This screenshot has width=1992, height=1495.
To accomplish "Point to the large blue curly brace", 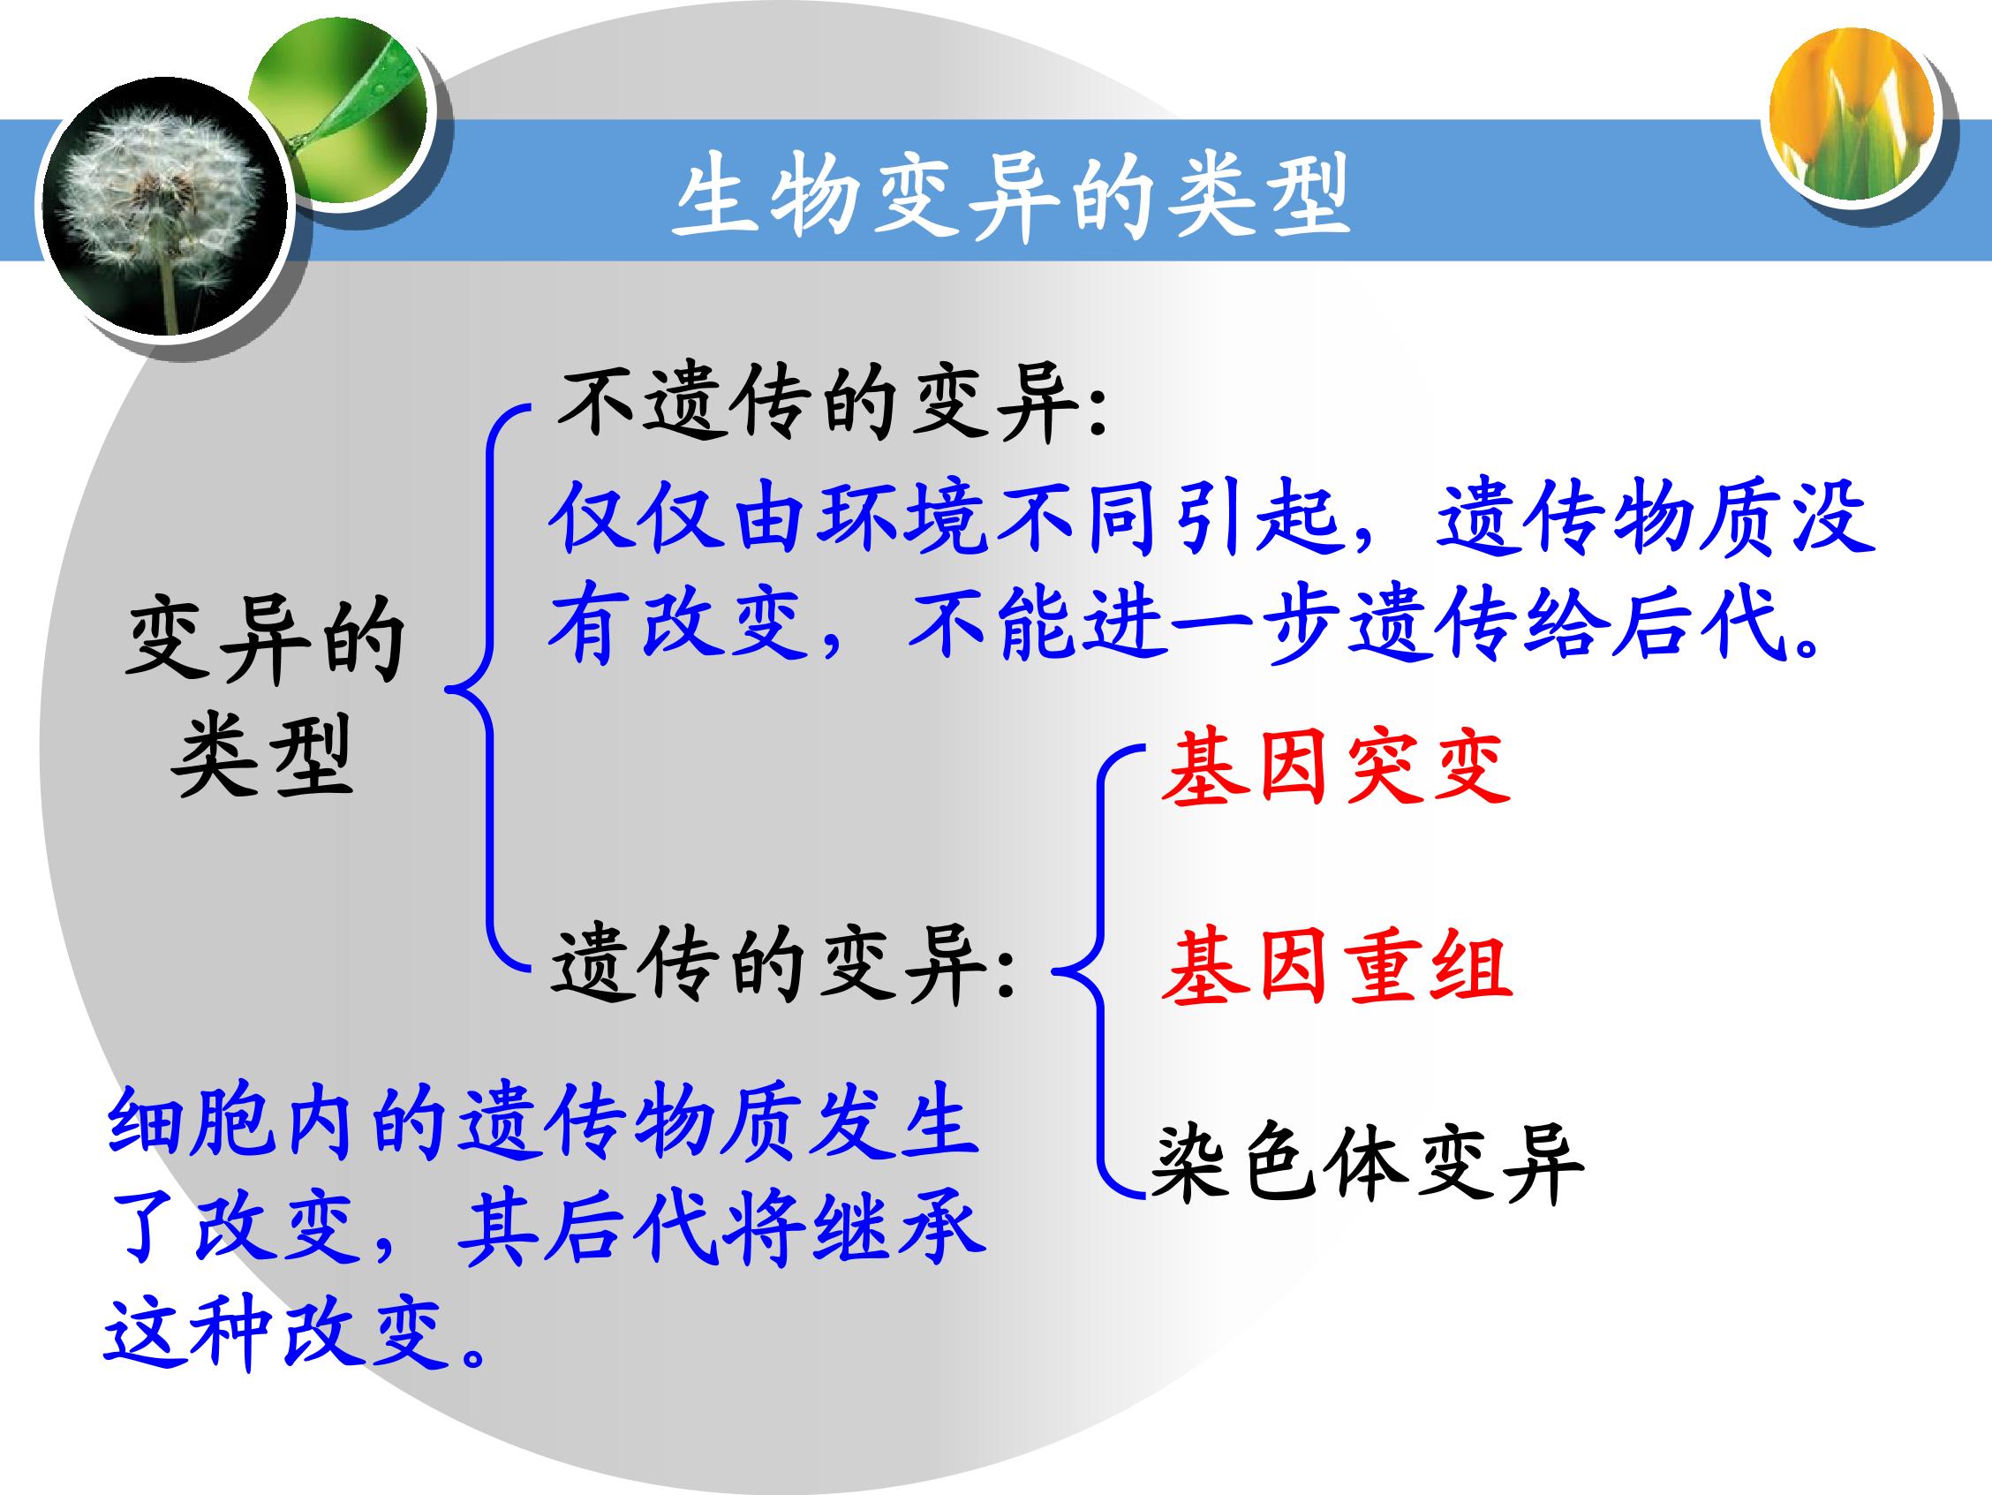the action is (491, 689).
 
